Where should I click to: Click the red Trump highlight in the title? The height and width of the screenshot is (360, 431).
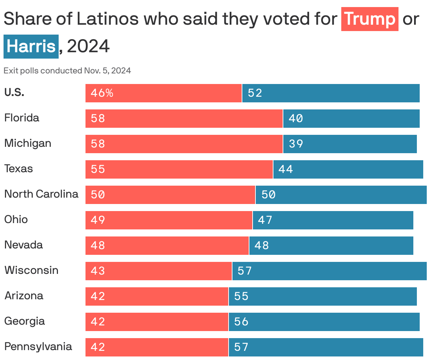click(x=370, y=19)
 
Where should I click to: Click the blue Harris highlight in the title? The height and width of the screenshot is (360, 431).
click(x=31, y=47)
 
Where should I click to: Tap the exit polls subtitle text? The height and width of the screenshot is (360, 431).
click(x=67, y=71)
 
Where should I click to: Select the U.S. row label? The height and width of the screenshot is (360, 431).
click(x=14, y=92)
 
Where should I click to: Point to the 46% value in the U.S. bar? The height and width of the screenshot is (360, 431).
click(x=102, y=93)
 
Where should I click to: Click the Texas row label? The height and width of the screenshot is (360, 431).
click(x=18, y=169)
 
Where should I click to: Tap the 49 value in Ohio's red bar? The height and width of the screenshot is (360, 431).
click(x=98, y=220)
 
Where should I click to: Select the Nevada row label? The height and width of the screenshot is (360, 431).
click(x=23, y=245)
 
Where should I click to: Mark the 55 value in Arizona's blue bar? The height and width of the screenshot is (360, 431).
click(x=241, y=296)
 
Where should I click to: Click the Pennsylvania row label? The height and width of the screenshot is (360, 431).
click(x=38, y=347)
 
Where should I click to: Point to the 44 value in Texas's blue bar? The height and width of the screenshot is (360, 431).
click(x=285, y=169)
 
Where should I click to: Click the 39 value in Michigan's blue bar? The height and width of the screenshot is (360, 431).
click(x=296, y=144)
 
